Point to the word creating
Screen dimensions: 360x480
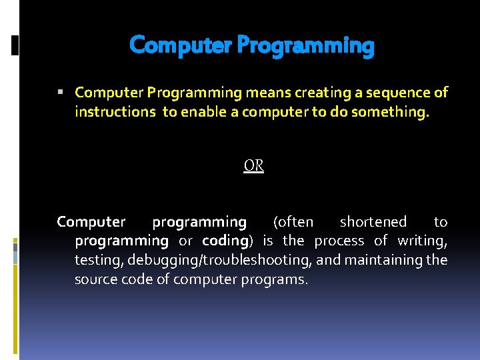(315, 92)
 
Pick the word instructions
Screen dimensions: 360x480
(115, 111)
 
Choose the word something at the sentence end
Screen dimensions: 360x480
(395, 111)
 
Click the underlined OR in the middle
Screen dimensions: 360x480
(253, 165)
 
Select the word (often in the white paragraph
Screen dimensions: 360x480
(293, 221)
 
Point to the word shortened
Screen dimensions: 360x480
(373, 221)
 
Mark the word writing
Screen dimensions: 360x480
(422, 241)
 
